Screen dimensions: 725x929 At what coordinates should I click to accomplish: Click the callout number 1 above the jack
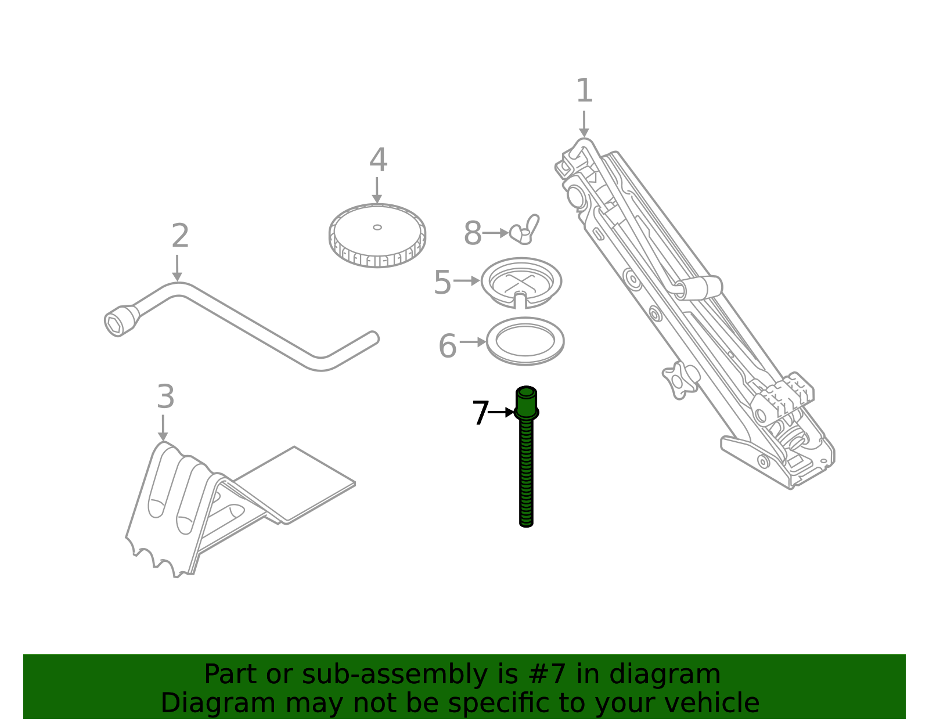pos(584,92)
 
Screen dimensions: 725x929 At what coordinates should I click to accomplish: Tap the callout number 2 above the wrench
pos(180,236)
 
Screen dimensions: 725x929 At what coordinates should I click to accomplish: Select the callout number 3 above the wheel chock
pos(165,398)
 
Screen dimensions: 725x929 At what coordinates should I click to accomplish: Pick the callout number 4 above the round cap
pos(378,160)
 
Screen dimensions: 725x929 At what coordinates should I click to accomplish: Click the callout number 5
pos(442,283)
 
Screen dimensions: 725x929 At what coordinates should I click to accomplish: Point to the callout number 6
pos(448,347)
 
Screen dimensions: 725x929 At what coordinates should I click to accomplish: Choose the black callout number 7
pos(480,414)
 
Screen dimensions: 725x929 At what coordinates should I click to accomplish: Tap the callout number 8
pos(473,234)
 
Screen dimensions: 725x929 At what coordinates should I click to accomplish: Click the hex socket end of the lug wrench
pos(115,324)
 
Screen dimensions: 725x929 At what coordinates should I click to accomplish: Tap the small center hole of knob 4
pos(377,227)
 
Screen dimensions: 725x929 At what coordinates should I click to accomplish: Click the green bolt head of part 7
pos(526,401)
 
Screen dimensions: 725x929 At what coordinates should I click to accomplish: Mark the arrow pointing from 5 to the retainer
pos(467,281)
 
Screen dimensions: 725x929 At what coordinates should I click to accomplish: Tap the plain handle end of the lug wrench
pos(371,338)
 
